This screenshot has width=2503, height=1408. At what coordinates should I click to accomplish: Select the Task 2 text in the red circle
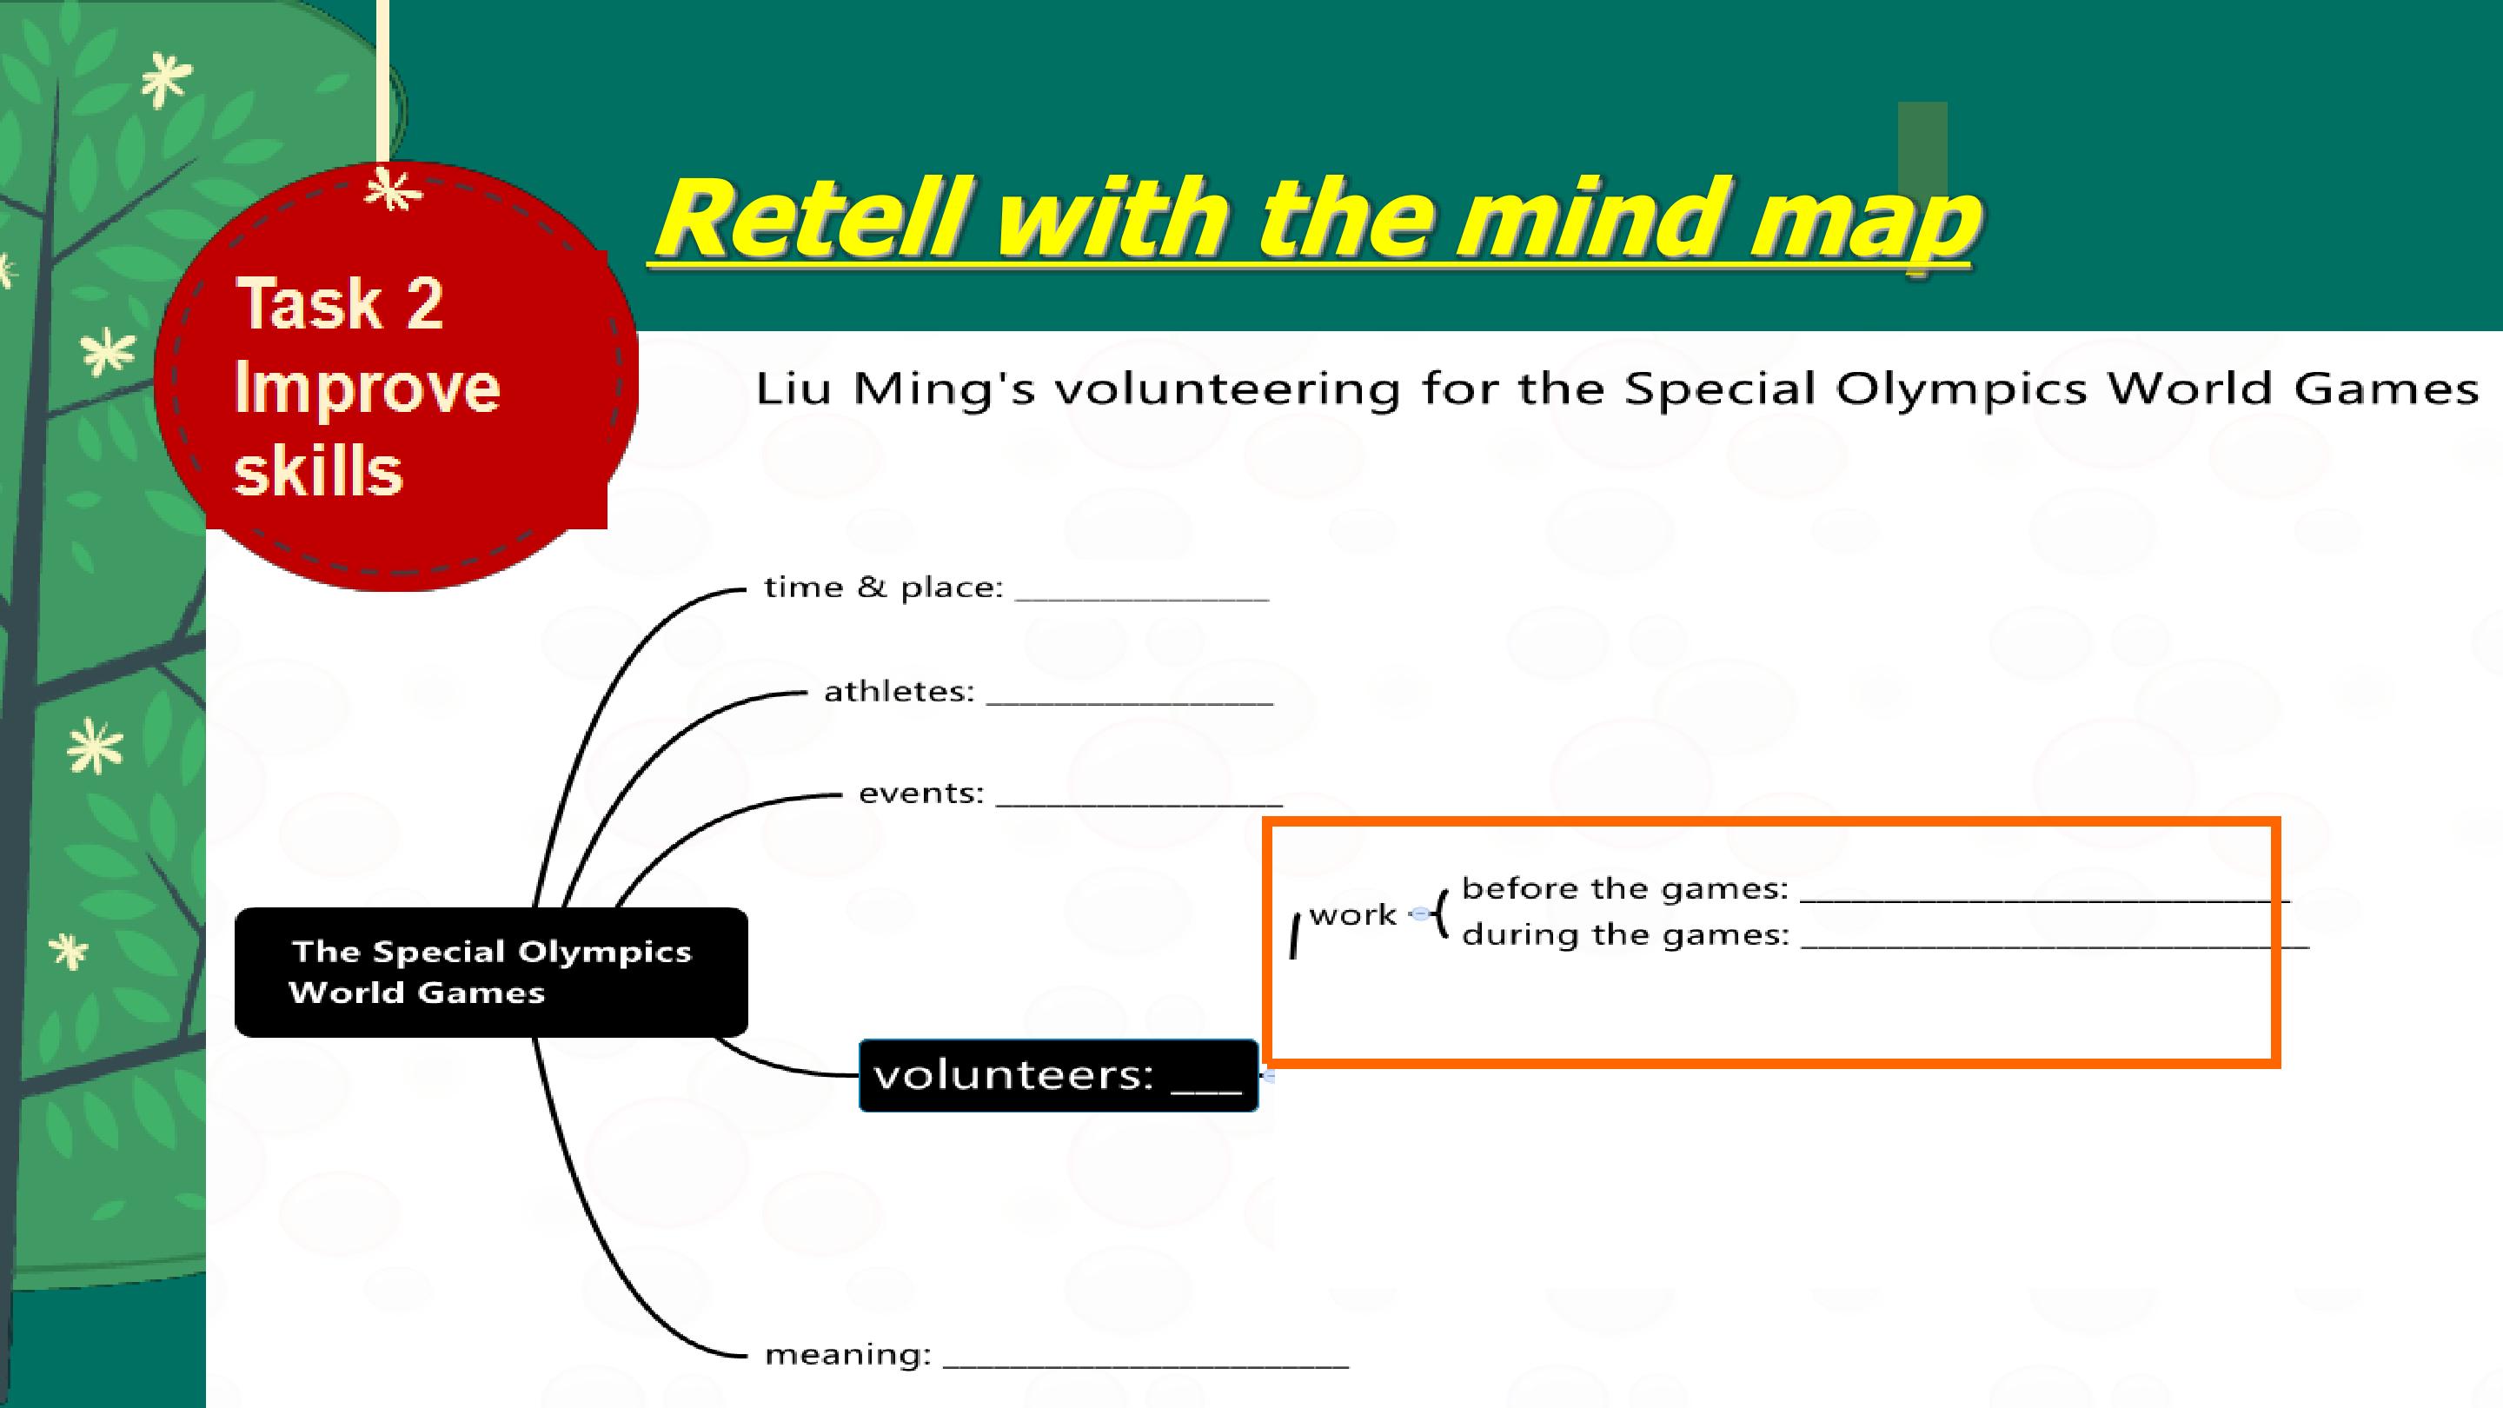coord(340,303)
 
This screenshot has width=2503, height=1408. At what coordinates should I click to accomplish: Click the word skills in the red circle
coord(319,470)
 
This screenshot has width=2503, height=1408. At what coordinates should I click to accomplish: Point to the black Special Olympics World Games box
coord(492,972)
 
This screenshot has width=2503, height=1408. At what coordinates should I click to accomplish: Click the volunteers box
coord(1059,1075)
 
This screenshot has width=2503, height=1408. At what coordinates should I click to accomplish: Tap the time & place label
coord(883,587)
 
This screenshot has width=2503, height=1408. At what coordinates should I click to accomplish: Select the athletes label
coord(899,691)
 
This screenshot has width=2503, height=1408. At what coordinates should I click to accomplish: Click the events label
coord(921,793)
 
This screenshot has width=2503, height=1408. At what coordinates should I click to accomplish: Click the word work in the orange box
coord(1352,914)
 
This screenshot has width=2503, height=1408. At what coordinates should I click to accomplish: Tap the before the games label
coord(1624,888)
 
